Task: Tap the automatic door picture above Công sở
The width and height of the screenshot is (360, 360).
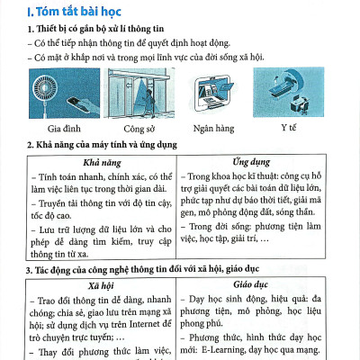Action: [x=132, y=94]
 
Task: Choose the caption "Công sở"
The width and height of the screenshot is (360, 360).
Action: [x=131, y=128]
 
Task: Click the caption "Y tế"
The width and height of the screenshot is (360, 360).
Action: [x=288, y=128]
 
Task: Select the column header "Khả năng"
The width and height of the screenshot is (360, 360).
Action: [x=101, y=160]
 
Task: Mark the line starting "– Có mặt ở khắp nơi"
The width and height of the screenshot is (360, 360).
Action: [x=142, y=59]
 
